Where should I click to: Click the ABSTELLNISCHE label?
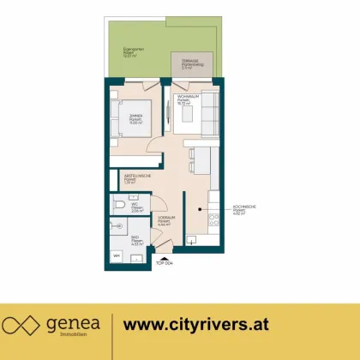point(135,179)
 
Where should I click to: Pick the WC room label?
point(136,207)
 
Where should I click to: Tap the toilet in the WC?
point(119,207)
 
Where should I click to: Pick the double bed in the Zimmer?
point(126,120)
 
